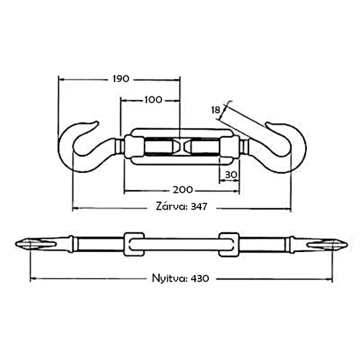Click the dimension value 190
pyautogui.click(x=121, y=78)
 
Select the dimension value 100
pyautogui.click(x=153, y=99)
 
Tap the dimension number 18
pyautogui.click(x=216, y=110)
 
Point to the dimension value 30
pyautogui.click(x=231, y=175)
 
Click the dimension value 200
pyautogui.click(x=183, y=190)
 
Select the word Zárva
pyautogui.click(x=171, y=206)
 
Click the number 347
pyautogui.click(x=199, y=207)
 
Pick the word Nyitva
pyautogui.click(x=169, y=279)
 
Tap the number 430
pyautogui.click(x=200, y=279)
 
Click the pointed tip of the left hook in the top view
pyautogui.click(x=97, y=122)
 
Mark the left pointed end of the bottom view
pyautogui.click(x=16, y=245)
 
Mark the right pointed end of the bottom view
pyautogui.click(x=347, y=245)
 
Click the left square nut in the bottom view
pyautogui.click(x=134, y=244)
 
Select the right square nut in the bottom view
pyautogui.click(x=229, y=244)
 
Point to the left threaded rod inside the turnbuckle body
pyautogui.click(x=160, y=147)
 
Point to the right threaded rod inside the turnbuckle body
pyautogui.click(x=204, y=147)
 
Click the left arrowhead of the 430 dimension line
pyautogui.click(x=32, y=279)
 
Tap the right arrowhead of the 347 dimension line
pyautogui.click(x=288, y=208)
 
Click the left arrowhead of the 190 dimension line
pyautogui.click(x=61, y=79)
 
